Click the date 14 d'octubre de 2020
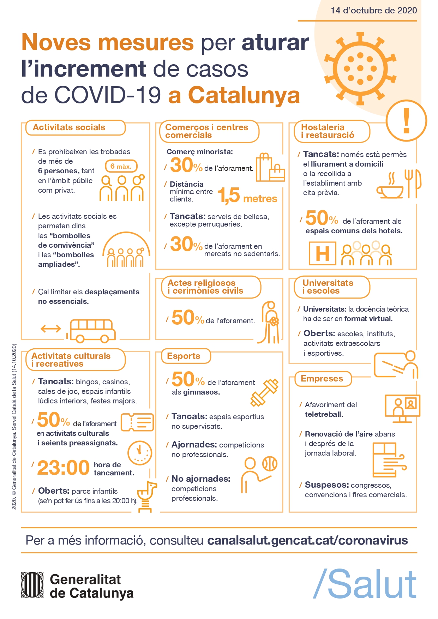[x=373, y=11]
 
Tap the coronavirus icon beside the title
[x=360, y=69]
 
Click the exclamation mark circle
[x=406, y=121]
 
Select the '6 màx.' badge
[x=121, y=166]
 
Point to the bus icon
[x=92, y=331]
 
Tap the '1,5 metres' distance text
[x=247, y=196]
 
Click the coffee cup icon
[x=390, y=187]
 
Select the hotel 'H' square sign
[x=322, y=253]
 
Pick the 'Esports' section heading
[x=184, y=356]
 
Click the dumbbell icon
[x=265, y=392]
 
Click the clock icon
[x=140, y=453]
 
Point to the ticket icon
[x=137, y=422]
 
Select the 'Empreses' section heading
[x=322, y=379]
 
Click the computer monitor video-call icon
[x=402, y=408]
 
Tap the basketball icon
[x=270, y=464]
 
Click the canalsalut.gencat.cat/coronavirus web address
[x=307, y=540]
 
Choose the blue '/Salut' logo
[x=365, y=584]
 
